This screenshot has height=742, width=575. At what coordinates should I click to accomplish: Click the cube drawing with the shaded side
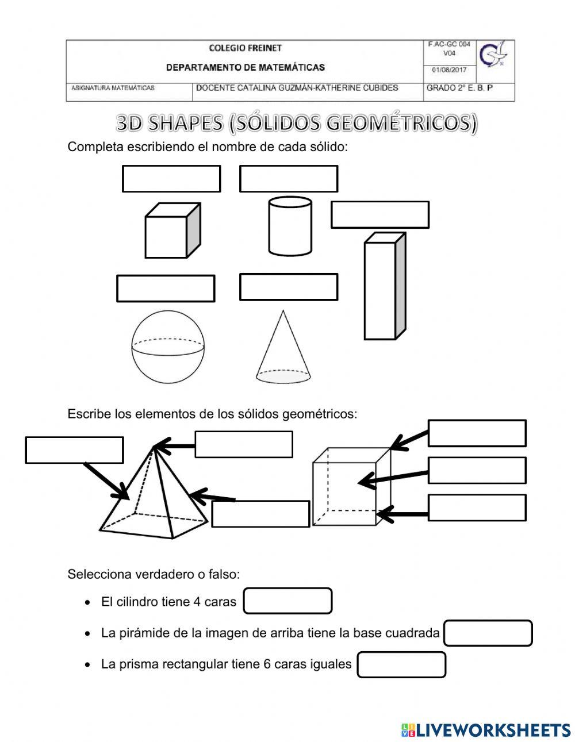(x=171, y=231)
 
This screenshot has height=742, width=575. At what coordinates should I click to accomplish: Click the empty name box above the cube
(x=171, y=179)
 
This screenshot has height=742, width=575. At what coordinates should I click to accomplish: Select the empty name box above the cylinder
(x=288, y=179)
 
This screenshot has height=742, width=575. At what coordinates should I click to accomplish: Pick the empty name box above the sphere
(x=166, y=289)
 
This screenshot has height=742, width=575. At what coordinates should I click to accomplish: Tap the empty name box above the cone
(x=288, y=287)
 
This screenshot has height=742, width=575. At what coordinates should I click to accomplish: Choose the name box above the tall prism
(x=379, y=214)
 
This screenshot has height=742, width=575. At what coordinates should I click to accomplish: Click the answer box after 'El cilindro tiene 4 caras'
(x=288, y=601)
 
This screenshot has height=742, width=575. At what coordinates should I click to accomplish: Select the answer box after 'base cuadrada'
(x=488, y=633)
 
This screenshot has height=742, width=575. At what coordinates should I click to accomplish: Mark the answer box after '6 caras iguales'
(x=401, y=664)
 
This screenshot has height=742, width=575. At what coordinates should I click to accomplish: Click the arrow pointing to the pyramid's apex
(x=175, y=445)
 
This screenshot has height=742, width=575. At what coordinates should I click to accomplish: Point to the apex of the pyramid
(x=154, y=446)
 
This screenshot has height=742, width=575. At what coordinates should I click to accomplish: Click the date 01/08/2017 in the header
(x=449, y=71)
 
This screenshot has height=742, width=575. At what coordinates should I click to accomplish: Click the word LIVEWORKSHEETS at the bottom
(x=493, y=730)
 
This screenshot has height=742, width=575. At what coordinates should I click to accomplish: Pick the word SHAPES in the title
(x=186, y=123)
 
